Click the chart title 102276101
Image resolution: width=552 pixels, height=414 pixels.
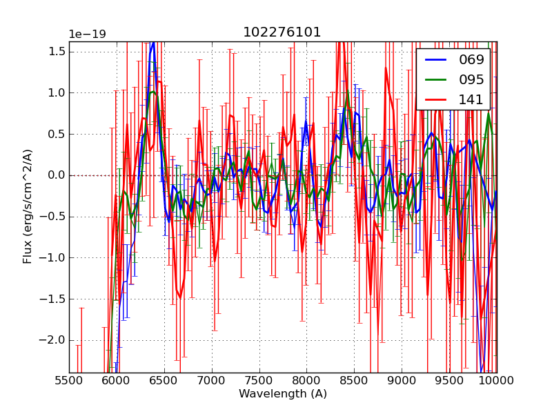(282, 32)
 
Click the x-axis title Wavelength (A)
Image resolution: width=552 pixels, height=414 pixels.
(283, 394)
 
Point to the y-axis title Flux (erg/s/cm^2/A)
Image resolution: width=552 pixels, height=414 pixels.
(28, 206)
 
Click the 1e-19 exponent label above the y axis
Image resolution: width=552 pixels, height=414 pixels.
(87, 34)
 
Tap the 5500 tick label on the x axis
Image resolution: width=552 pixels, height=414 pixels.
(69, 380)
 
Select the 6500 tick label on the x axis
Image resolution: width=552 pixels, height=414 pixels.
(164, 380)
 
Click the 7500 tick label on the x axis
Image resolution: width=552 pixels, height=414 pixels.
(259, 380)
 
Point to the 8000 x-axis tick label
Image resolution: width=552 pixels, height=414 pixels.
(306, 380)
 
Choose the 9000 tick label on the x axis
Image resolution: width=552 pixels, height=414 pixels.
(402, 380)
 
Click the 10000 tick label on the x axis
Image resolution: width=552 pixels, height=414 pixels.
(496, 380)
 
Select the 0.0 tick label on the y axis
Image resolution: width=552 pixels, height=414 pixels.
(57, 175)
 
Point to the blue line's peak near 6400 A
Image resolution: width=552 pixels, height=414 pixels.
(153, 42)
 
